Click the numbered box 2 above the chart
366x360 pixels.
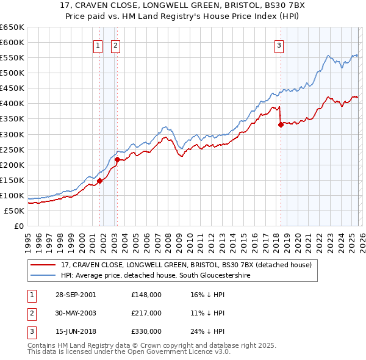[x=115, y=45]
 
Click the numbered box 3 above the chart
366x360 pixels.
[x=279, y=45]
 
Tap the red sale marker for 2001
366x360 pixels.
[x=99, y=180]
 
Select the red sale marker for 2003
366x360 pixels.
[x=118, y=159]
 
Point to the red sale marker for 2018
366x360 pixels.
[x=281, y=124]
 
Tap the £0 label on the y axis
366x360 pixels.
[x=18, y=226]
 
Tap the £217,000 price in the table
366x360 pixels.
[x=146, y=313]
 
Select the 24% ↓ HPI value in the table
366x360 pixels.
[x=207, y=331]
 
